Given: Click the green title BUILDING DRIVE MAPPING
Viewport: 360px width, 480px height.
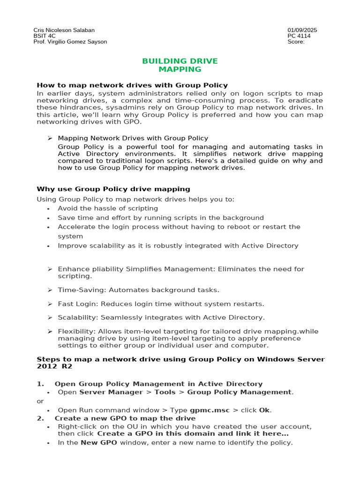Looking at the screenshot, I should click(180, 65).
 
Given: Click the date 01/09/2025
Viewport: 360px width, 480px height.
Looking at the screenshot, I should click(302, 30).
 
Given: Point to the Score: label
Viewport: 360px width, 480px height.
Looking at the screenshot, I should click(296, 42).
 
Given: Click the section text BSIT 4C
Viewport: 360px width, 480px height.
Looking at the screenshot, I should click(44, 36).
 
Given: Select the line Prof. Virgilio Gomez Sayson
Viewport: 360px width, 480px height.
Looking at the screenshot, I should click(70, 42).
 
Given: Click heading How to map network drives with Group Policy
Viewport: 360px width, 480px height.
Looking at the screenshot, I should click(132, 85).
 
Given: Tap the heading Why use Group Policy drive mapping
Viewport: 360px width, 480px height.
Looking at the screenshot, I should click(113, 189).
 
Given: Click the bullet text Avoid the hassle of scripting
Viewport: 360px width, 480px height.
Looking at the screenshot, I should click(108, 208).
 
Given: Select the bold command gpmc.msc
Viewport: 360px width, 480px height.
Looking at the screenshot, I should click(213, 410).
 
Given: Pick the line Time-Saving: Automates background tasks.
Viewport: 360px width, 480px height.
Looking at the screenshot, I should click(138, 290).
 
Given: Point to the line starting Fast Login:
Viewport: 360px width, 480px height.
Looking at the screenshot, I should click(161, 304).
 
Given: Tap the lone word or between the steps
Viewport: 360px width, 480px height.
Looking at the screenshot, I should click(40, 401).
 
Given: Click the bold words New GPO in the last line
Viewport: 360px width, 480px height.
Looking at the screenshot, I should click(99, 442).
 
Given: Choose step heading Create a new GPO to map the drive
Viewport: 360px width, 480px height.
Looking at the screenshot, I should click(125, 418).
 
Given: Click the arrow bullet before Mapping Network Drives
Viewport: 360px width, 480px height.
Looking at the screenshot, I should click(50, 138).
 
